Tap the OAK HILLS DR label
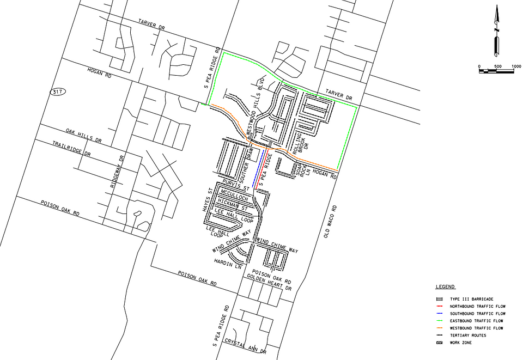click(84, 136)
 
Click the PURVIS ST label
click(235, 185)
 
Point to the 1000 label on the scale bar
click(516, 66)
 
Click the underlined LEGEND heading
click(445, 286)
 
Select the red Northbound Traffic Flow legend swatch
click(439, 307)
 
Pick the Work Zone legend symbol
click(439, 343)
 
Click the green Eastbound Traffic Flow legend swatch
click(439, 321)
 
